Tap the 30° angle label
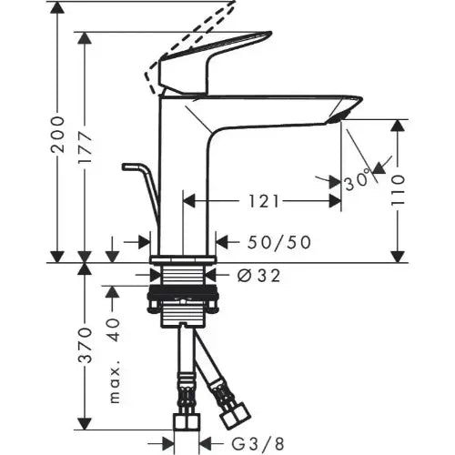point(358,179)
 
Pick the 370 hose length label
point(86,346)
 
